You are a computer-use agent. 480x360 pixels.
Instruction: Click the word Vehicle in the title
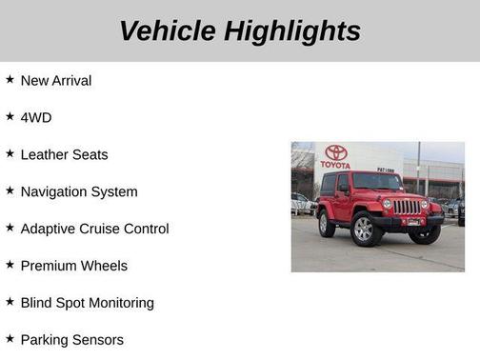[168, 30]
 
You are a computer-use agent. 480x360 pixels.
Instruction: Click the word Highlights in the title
[292, 30]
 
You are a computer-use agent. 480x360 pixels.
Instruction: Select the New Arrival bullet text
[55, 81]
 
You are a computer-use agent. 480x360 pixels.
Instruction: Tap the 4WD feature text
[35, 118]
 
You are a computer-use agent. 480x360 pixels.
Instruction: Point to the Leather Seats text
[64, 154]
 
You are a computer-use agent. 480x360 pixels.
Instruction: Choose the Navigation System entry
[78, 191]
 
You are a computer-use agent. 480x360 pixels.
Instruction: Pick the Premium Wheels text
[73, 266]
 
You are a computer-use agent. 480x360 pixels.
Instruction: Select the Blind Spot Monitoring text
[87, 303]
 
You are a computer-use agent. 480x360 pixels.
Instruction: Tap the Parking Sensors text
[71, 340]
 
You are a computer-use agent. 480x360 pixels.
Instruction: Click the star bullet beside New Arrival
[10, 80]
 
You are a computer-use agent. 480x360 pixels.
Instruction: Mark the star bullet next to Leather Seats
[10, 153]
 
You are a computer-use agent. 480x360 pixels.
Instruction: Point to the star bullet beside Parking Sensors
[10, 339]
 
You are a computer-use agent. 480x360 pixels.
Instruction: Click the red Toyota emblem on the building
[335, 152]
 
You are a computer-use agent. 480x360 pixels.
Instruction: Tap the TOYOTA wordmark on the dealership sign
[335, 165]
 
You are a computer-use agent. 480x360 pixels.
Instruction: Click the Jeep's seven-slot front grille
[407, 207]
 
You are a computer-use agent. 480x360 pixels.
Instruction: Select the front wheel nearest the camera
[363, 229]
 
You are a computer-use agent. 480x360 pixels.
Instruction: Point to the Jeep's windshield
[377, 182]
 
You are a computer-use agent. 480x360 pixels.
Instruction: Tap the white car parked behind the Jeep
[301, 204]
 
